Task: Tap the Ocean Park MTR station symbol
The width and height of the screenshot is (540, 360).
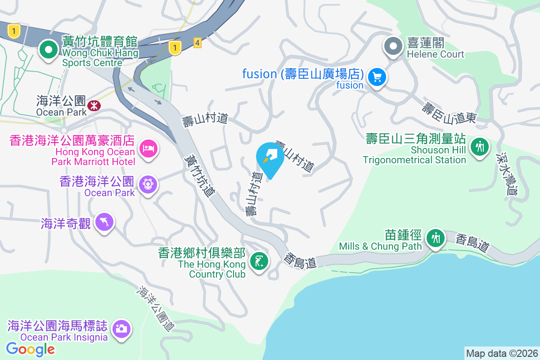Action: pos(94,106)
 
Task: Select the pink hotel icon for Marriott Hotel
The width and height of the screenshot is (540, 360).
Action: pos(148,148)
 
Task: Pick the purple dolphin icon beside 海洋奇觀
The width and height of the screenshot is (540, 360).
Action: pos(105,221)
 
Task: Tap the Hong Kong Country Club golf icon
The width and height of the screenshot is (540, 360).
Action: pos(260,260)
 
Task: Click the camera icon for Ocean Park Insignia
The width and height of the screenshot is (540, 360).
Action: pos(121,328)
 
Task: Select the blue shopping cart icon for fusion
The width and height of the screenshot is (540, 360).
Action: pos(377,77)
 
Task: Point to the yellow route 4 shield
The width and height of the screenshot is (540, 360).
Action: pos(197,43)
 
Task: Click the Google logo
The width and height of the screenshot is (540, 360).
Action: pos(31,349)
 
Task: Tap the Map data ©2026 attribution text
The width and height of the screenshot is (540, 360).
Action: pos(502,353)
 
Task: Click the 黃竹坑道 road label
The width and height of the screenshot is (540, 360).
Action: pos(200,175)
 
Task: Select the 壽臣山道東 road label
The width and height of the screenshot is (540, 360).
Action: pos(449,113)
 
